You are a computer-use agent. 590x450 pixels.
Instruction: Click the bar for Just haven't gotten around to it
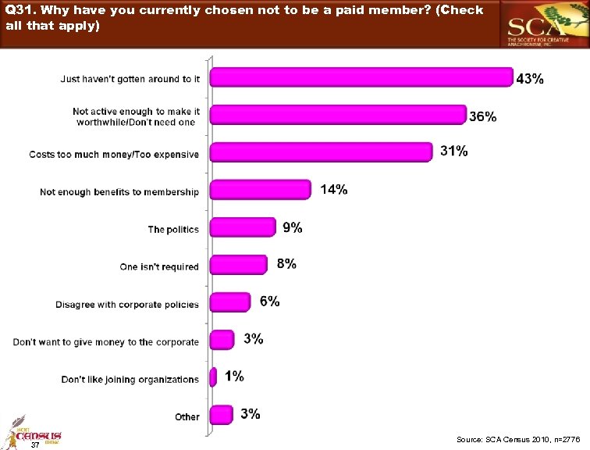361,77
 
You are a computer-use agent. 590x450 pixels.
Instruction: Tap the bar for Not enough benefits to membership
261,190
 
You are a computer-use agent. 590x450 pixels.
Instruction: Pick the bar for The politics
243,227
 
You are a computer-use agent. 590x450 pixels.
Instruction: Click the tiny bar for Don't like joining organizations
213,377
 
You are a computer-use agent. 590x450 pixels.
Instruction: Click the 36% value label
482,116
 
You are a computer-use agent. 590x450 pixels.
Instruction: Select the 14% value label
333,189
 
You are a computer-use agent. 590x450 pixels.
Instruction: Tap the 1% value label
234,377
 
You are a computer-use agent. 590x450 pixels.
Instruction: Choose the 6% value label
269,302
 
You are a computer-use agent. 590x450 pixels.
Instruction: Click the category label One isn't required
159,267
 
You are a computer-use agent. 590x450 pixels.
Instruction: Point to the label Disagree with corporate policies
127,305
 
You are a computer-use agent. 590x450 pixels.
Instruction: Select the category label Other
187,417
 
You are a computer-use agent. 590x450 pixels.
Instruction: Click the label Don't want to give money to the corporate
106,342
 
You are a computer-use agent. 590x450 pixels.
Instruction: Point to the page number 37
34,445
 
